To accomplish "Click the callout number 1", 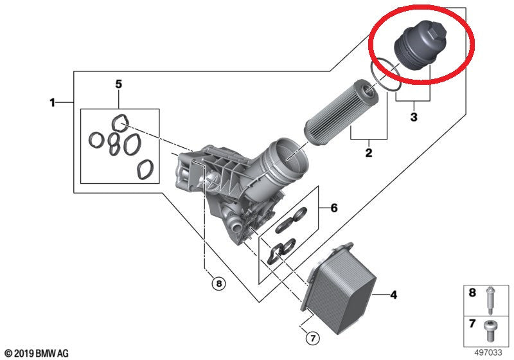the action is [53, 103].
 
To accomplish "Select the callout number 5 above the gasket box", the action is [119, 84].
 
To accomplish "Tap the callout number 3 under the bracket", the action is [414, 117].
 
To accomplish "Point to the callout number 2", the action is [369, 152].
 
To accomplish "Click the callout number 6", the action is [333, 208].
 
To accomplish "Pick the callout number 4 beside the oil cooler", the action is [393, 295].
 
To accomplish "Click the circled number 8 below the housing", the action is [219, 283].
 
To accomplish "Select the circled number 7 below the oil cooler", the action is [312, 337].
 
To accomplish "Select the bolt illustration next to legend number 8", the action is [490, 300].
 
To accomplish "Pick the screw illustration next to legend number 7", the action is [490, 330].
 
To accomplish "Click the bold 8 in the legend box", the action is [472, 292].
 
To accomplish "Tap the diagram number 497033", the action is [488, 353].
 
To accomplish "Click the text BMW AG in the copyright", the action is [52, 354].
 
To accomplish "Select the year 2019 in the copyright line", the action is [24, 354].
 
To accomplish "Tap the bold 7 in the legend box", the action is [472, 323].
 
